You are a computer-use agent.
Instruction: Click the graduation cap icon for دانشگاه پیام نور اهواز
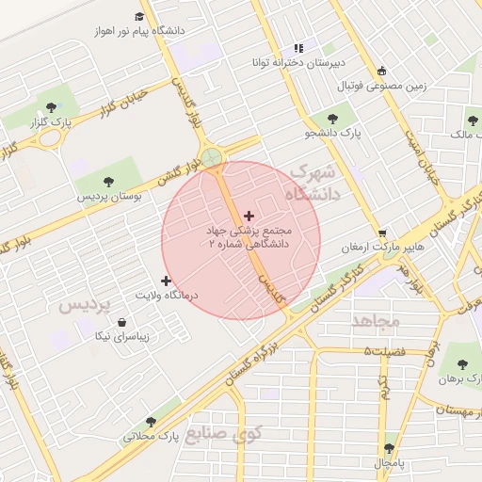tap(140, 17)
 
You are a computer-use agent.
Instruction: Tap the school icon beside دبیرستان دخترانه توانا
tap(298, 48)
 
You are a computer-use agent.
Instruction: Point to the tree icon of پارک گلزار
tap(50, 107)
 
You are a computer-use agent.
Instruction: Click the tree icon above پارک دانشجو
tap(331, 119)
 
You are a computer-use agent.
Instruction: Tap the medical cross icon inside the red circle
tap(249, 217)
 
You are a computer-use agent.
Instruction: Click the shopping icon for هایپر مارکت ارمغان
tap(382, 233)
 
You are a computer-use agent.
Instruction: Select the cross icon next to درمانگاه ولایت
tap(167, 281)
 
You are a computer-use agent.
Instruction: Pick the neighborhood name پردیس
tap(85, 307)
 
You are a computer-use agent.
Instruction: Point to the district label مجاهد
tap(377, 322)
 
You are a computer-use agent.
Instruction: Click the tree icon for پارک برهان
tap(460, 362)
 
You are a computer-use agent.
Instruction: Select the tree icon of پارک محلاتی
tap(151, 422)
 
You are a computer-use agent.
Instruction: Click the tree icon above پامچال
tap(390, 448)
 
